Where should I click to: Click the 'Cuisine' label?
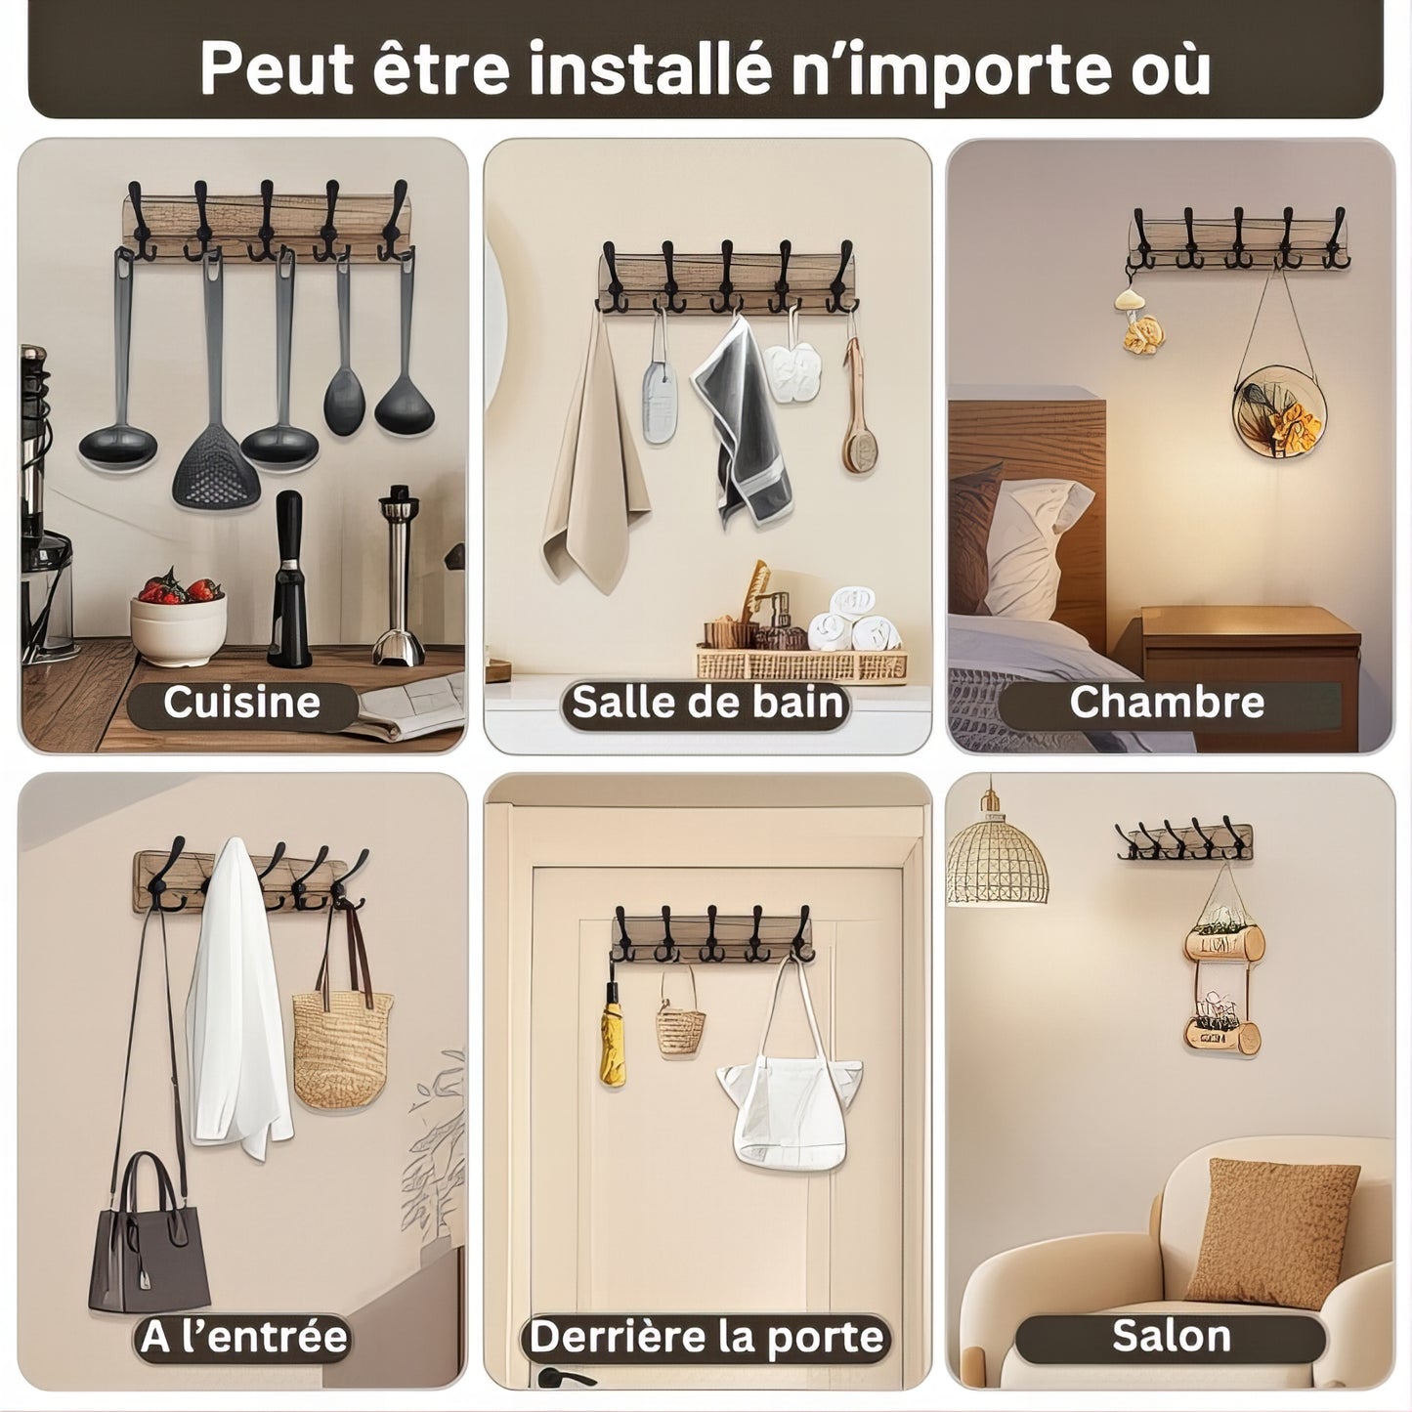pos(241,702)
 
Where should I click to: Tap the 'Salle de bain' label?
pos(707,702)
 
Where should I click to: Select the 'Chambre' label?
pos(1167,702)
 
